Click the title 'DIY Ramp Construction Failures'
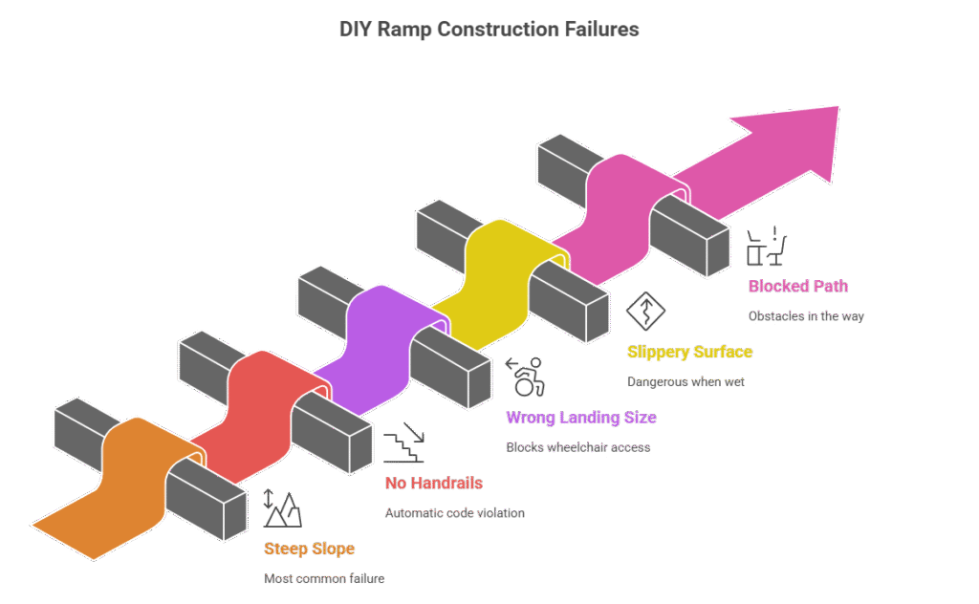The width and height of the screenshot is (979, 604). (x=489, y=30)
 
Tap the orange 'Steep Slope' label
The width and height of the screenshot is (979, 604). (x=309, y=549)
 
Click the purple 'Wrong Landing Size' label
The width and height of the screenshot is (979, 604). (x=580, y=418)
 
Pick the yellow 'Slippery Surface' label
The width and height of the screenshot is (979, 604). (x=689, y=352)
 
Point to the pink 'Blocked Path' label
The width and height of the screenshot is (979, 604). (x=797, y=286)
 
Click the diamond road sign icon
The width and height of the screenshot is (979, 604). (x=646, y=311)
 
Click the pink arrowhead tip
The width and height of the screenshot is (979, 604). (x=832, y=115)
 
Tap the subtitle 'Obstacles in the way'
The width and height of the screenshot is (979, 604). (x=806, y=315)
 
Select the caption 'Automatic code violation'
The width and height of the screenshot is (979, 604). (x=454, y=513)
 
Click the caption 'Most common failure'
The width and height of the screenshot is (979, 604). (x=324, y=578)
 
